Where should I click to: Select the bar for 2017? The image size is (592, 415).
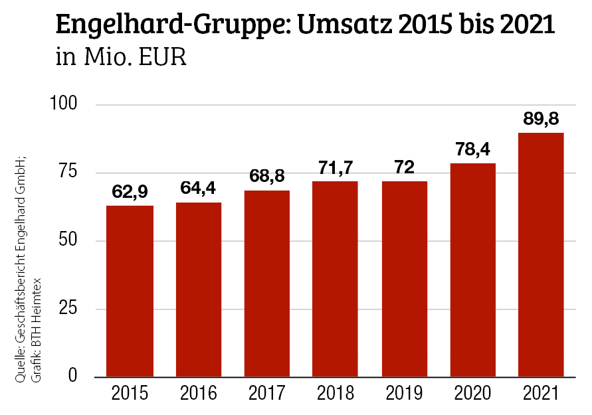pos(267,284)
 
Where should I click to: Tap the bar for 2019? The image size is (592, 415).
pos(404,279)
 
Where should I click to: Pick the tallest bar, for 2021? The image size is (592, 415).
pos(541,255)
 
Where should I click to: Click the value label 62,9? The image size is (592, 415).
pos(130,193)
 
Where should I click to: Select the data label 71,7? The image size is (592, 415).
pos(336,169)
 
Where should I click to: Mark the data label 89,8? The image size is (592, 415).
pos(541,120)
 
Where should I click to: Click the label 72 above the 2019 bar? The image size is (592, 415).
pos(404,168)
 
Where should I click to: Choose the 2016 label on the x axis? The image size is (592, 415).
pos(199,394)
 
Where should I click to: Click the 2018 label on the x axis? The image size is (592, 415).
pos(336,394)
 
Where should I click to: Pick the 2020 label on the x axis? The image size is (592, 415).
pos(472,394)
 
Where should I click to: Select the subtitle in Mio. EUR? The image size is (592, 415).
pos(121,58)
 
